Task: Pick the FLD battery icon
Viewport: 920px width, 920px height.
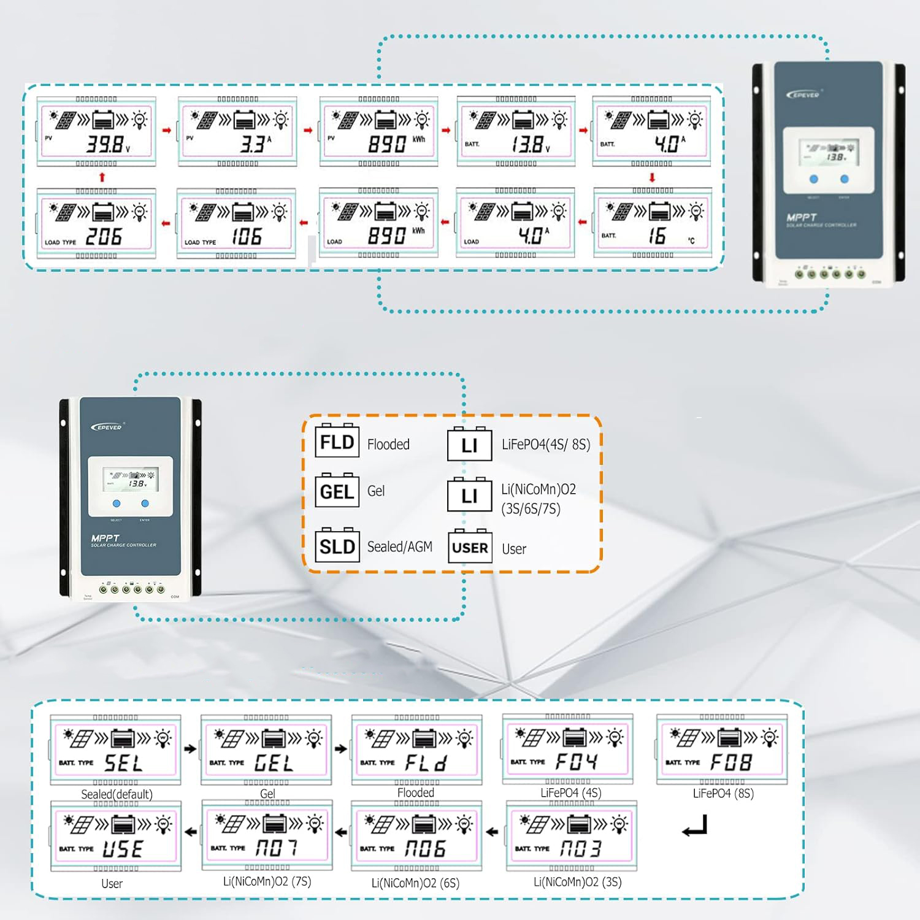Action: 337,441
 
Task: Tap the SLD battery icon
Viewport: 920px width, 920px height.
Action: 337,545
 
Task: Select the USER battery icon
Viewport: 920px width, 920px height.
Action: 470,546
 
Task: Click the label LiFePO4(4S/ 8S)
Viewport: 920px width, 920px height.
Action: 546,444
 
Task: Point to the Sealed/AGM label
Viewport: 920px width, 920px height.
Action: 399,546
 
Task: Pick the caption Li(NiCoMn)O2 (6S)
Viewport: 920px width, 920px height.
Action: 415,883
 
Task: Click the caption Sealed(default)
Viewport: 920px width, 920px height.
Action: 117,794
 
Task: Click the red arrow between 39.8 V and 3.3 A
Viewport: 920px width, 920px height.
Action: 167,131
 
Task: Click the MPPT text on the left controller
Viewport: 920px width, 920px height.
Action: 105,538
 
